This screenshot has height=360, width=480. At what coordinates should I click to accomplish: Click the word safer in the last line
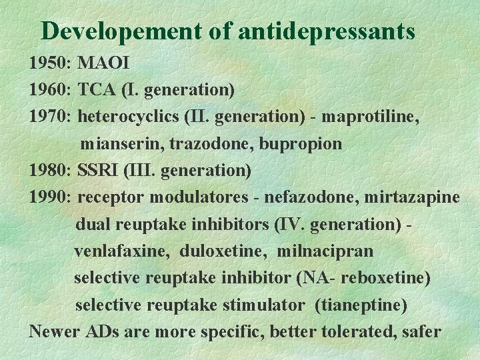[419, 331]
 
